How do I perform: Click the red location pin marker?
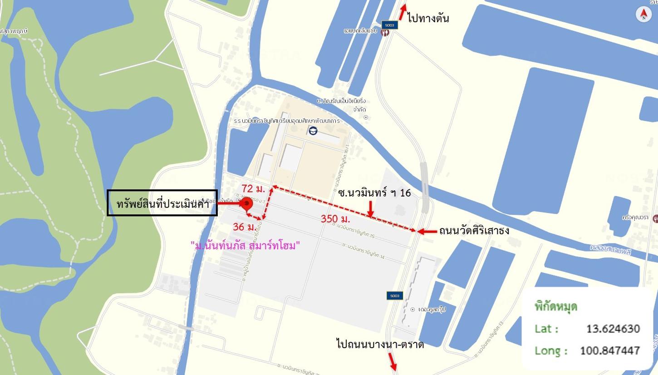(x=246, y=204)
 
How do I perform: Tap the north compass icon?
(x=643, y=15)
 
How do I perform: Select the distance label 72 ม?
(x=253, y=188)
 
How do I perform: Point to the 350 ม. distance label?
(x=335, y=219)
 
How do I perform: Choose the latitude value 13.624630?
(x=613, y=328)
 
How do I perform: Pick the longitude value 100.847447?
(x=609, y=350)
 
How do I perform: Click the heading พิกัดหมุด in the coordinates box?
(x=556, y=306)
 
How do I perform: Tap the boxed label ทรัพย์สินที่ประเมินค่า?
(x=162, y=203)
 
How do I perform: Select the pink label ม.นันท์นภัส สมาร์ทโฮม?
(x=245, y=246)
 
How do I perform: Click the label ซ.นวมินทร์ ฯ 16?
(x=374, y=193)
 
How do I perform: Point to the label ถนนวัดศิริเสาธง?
(x=474, y=231)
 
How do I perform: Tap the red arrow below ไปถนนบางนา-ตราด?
(x=392, y=362)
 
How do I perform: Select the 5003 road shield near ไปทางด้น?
(x=389, y=25)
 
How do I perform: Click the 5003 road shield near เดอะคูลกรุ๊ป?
(x=394, y=296)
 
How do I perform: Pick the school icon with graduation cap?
(x=313, y=131)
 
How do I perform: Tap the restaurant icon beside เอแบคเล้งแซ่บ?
(x=385, y=33)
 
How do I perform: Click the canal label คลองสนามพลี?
(x=610, y=249)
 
